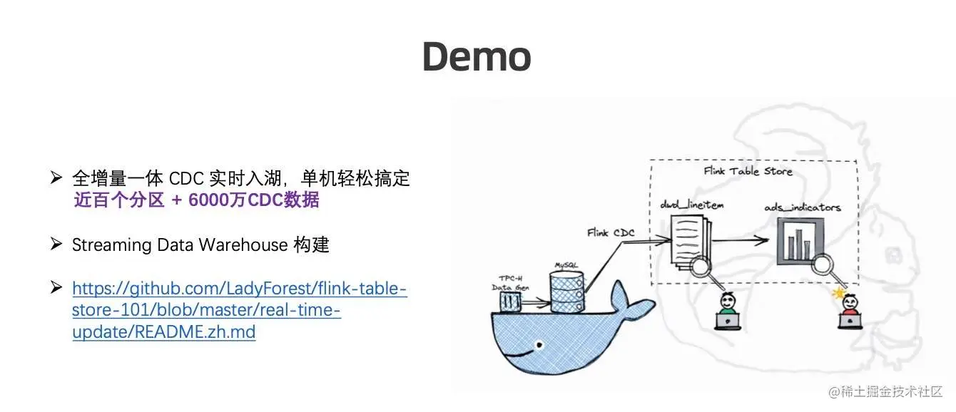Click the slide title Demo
(477, 57)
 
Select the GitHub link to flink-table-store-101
(239, 310)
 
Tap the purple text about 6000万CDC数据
(196, 200)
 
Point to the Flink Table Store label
(748, 171)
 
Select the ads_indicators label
(802, 207)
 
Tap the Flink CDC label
(611, 232)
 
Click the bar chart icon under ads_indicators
(800, 240)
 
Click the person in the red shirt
(849, 311)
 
